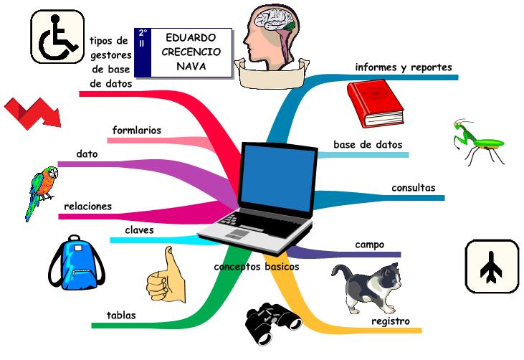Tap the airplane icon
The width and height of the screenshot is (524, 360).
(492, 266)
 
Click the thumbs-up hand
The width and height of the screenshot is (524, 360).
(165, 275)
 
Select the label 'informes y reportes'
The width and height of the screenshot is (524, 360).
(404, 67)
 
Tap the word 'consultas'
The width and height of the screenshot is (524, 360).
(413, 188)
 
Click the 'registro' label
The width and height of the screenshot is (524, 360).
(391, 321)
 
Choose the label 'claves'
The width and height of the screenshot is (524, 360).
(139, 230)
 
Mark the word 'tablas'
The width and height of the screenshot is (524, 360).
(121, 315)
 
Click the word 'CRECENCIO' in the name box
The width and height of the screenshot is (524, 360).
(192, 52)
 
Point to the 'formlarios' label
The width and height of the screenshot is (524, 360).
(137, 131)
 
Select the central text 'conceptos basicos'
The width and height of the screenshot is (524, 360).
(256, 267)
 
